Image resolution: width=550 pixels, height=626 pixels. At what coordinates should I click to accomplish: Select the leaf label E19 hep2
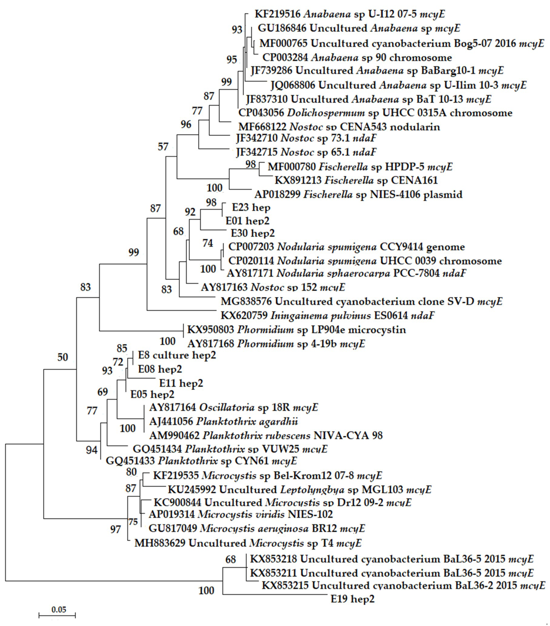coord(352,599)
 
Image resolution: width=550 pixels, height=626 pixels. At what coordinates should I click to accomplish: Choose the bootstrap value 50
coord(63,357)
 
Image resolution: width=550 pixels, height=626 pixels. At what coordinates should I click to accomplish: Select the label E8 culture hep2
coord(177,355)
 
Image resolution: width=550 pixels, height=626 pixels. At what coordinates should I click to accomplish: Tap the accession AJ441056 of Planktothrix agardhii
coord(171,421)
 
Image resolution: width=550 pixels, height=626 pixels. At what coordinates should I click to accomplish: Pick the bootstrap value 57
coord(163,147)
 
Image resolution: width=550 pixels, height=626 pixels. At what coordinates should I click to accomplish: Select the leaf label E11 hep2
coord(181,383)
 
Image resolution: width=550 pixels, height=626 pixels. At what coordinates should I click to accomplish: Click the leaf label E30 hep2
coord(253,233)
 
